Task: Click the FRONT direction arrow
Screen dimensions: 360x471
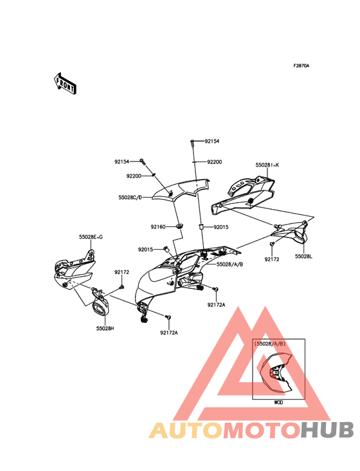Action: tap(65, 84)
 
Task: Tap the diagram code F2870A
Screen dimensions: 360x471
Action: tap(301, 66)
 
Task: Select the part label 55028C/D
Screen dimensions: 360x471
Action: tap(130, 198)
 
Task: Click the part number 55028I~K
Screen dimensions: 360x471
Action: tap(267, 165)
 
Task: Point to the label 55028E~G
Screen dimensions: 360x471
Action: tap(91, 237)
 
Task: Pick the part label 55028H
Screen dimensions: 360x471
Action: tap(105, 328)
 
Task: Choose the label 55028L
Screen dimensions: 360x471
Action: tap(303, 257)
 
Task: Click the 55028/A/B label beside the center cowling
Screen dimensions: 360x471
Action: tap(230, 264)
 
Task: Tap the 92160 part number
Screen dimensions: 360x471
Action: tap(158, 226)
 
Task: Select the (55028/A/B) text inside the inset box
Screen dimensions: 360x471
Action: tap(270, 344)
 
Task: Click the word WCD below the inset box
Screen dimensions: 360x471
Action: tap(278, 403)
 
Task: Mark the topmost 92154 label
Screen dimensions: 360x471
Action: tap(212, 141)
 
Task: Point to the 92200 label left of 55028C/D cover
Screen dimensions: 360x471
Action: tap(134, 176)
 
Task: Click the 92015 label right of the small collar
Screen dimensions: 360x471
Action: tap(221, 227)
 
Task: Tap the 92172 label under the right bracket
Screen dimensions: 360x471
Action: tap(272, 259)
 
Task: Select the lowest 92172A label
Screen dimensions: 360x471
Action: tap(169, 333)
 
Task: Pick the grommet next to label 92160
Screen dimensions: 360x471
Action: tap(180, 226)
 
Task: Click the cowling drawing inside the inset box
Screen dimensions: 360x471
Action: tap(276, 373)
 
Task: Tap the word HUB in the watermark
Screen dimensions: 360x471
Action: tap(328, 430)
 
